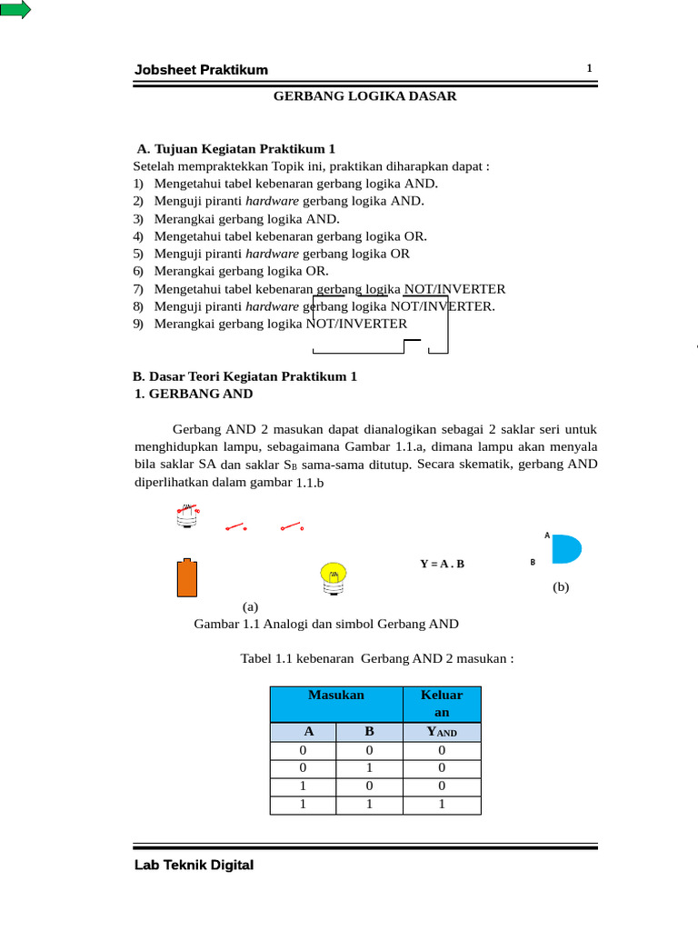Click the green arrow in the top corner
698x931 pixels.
[15, 10]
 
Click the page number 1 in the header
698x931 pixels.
[589, 69]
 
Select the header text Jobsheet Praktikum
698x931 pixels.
[201, 71]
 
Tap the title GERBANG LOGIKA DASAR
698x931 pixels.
[365, 95]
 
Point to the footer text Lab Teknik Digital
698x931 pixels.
[194, 866]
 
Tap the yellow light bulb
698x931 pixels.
[334, 576]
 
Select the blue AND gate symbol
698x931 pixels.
[565, 549]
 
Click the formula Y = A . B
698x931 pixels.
[442, 564]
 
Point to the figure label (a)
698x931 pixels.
[251, 606]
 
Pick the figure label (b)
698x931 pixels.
[561, 587]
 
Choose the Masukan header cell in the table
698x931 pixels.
[336, 696]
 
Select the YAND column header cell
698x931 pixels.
[442, 733]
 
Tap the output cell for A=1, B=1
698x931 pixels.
[442, 804]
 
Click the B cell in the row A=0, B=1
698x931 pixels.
[370, 768]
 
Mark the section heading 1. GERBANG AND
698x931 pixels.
[193, 394]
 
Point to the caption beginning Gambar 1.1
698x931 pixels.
[326, 624]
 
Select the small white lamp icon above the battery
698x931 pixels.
[186, 516]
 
